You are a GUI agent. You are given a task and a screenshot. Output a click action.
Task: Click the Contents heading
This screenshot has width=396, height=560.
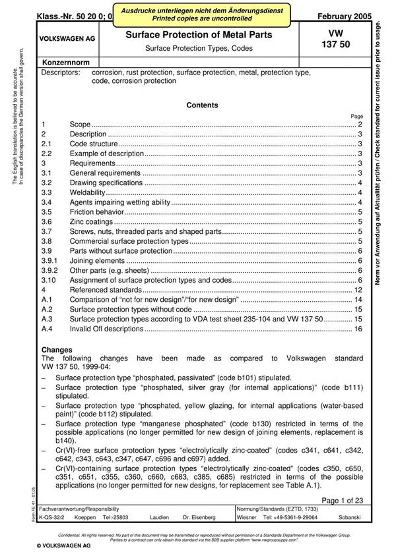(x=202, y=105)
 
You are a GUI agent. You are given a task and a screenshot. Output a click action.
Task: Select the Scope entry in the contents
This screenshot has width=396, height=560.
(x=80, y=125)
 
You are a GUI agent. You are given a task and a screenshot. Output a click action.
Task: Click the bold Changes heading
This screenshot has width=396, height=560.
(x=57, y=349)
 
